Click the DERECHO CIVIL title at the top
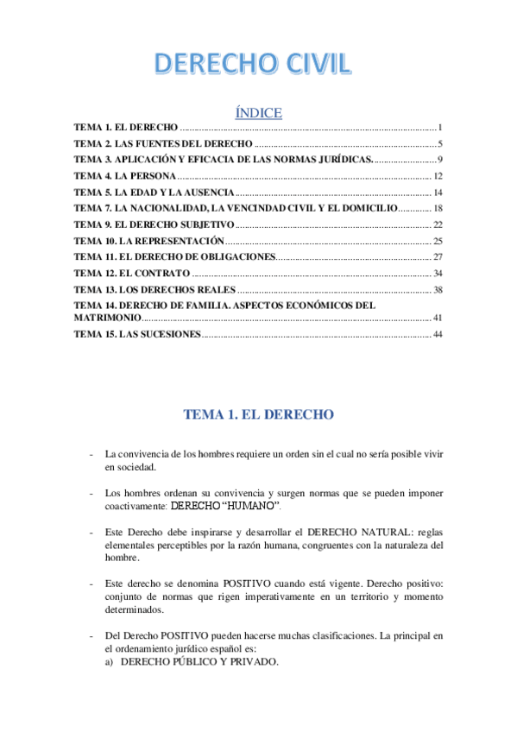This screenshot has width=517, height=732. [x=252, y=65]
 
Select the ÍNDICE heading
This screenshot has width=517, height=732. [x=258, y=113]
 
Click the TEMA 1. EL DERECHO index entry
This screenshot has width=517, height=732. [x=126, y=127]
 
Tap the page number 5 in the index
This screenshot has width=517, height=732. [x=439, y=143]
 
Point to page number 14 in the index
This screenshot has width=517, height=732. [x=438, y=192]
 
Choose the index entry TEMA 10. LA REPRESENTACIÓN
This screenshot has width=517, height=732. [x=148, y=241]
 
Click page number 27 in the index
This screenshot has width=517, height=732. [x=438, y=257]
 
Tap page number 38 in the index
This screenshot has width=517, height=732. [x=438, y=290]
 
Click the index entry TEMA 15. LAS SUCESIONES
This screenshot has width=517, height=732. [x=136, y=334]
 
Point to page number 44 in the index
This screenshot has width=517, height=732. [x=438, y=334]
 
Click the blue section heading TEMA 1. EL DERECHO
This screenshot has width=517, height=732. [x=258, y=414]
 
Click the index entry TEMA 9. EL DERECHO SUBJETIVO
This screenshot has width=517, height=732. [x=154, y=224]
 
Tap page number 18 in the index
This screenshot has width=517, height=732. [x=438, y=209]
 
